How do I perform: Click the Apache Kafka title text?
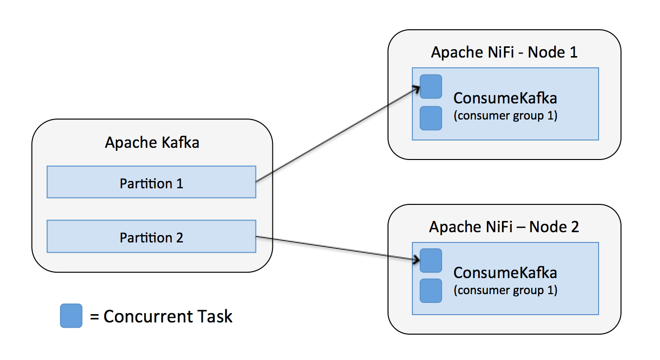[x=152, y=143]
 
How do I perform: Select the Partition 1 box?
[x=151, y=182]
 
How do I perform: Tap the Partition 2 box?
[x=151, y=237]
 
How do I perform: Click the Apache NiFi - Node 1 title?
[x=504, y=52]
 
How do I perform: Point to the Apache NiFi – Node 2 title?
[x=504, y=227]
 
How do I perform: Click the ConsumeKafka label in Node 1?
[x=505, y=98]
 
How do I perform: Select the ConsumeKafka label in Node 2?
[x=505, y=272]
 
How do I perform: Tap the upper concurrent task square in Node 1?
[x=431, y=86]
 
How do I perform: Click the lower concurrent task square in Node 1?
[x=431, y=118]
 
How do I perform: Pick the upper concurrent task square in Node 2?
[x=431, y=260]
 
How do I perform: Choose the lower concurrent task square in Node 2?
[x=431, y=291]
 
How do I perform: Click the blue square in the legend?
[x=71, y=316]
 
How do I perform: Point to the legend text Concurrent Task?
[x=168, y=317]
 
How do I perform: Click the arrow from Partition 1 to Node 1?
[x=336, y=135]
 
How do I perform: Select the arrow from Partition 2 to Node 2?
[x=336, y=249]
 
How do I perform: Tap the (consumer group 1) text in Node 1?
[x=505, y=117]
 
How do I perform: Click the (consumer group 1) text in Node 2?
[x=505, y=290]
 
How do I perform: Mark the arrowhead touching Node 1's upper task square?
[x=416, y=89]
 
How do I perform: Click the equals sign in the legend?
[x=95, y=317]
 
